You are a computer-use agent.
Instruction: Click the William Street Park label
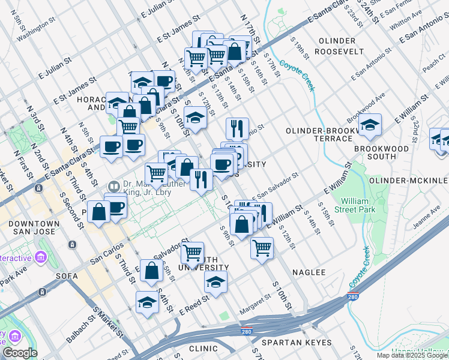point(358,205)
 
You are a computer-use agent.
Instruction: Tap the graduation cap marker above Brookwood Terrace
point(370,125)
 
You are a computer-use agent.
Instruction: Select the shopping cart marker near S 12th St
point(262,247)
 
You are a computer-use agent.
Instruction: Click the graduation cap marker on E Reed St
point(216,281)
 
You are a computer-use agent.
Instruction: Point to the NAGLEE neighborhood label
point(309,272)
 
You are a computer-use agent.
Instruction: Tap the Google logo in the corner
point(20,353)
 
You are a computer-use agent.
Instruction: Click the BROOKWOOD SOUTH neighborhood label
point(381,152)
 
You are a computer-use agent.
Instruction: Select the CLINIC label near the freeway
point(203,349)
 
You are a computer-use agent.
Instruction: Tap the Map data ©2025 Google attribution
point(412,355)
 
